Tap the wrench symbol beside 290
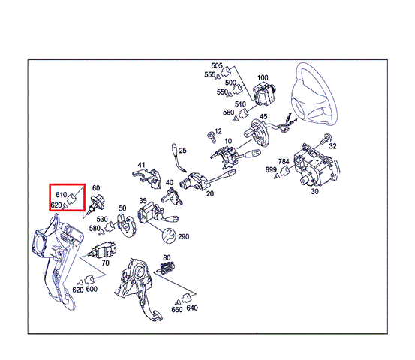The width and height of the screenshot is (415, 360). click(x=169, y=235)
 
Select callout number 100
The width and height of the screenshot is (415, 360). click(x=263, y=78)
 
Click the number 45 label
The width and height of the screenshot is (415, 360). click(x=263, y=117)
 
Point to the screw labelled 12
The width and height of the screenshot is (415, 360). click(x=211, y=137)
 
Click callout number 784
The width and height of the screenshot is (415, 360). click(x=284, y=161)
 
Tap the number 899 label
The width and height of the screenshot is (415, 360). click(x=271, y=169)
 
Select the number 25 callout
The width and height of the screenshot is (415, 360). click(x=182, y=151)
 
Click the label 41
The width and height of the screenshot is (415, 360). click(x=141, y=165)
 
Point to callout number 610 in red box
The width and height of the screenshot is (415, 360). click(x=61, y=195)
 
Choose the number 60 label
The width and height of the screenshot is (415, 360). click(x=96, y=188)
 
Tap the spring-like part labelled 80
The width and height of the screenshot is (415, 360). click(x=167, y=268)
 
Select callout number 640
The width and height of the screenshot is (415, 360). click(x=192, y=307)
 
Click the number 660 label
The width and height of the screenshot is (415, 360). click(x=177, y=309)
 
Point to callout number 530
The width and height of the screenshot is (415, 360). click(x=102, y=219)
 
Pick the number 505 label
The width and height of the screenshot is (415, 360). click(x=217, y=65)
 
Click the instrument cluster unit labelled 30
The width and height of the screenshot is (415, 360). click(x=313, y=164)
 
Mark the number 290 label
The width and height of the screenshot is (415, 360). click(x=183, y=236)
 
